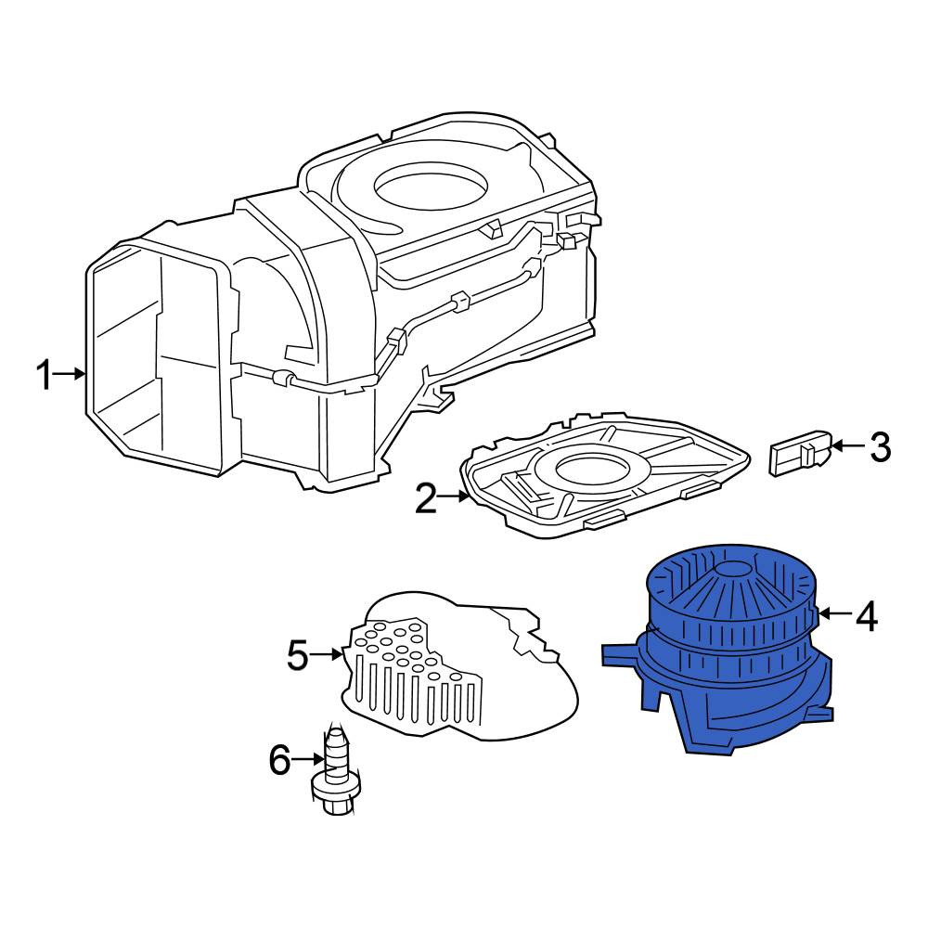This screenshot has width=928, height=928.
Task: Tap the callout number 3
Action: coord(880,447)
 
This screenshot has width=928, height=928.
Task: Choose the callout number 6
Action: coord(280,760)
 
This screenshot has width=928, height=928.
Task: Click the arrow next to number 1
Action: coord(71,373)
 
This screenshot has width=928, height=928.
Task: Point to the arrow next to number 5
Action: coord(327,654)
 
